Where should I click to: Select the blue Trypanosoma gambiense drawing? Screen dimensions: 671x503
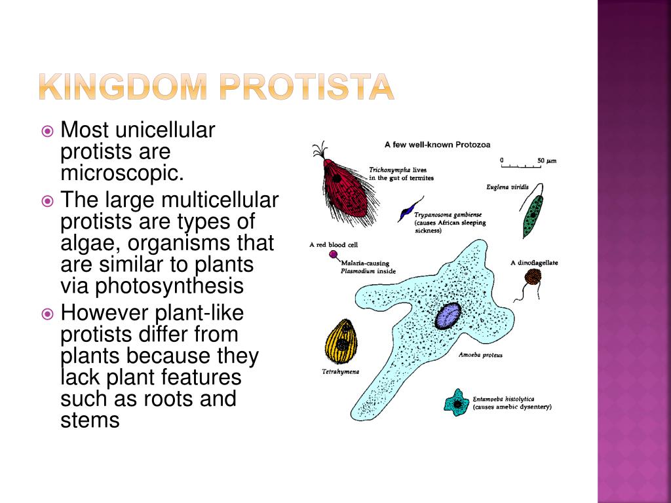pos(410,209)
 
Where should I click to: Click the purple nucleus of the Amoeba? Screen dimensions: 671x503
pos(448,316)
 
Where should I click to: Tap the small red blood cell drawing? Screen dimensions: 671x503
pos(333,255)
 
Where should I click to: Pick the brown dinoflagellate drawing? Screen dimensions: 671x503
pos(532,277)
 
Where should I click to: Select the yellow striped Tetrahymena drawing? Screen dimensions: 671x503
pos(341,341)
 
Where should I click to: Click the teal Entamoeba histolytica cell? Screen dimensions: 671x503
pos(457,403)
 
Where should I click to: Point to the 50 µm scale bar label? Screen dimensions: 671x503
pos(547,161)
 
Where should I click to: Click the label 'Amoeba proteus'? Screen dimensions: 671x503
pos(480,355)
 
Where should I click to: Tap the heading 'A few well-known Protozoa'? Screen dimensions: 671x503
pos(437,145)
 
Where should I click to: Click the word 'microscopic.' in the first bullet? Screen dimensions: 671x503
pos(122,173)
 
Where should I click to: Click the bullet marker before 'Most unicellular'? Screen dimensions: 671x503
pos(47,131)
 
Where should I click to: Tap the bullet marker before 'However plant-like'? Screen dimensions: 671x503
pos(47,314)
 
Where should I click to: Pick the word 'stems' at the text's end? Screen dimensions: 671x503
pos(90,420)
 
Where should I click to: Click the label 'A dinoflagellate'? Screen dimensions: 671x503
pos(534,263)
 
